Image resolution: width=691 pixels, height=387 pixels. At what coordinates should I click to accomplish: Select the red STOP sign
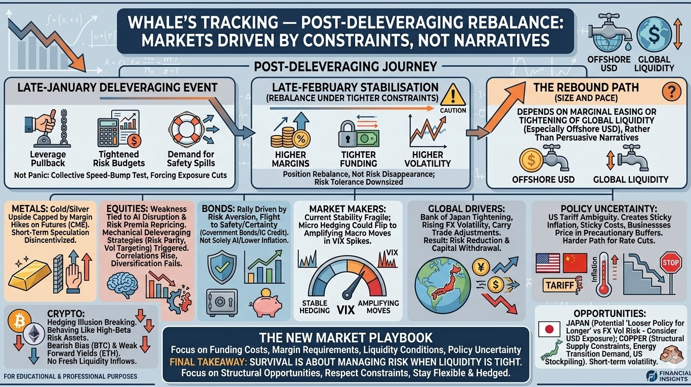point(671,262)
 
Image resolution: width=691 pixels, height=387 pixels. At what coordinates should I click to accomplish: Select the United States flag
point(547,263)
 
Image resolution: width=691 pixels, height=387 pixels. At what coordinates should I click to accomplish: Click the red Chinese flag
point(574,263)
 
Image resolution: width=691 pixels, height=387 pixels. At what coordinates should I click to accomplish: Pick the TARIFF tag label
point(561,285)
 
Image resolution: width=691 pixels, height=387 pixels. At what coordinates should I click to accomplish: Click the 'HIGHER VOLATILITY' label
point(427,159)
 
